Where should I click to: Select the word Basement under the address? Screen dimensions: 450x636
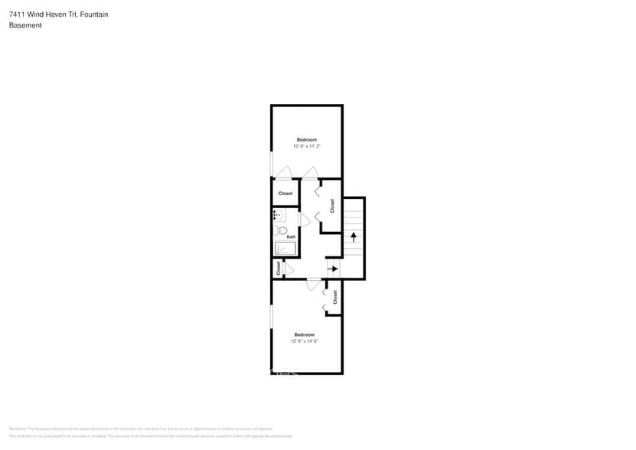pyautogui.click(x=25, y=25)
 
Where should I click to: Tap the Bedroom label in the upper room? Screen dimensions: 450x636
pyautogui.click(x=306, y=139)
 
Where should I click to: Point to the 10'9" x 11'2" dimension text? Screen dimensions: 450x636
pyautogui.click(x=306, y=146)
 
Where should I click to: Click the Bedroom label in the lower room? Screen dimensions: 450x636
pyautogui.click(x=304, y=334)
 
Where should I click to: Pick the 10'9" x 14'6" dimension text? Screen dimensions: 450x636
pyautogui.click(x=304, y=341)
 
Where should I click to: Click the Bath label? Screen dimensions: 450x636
pyautogui.click(x=291, y=236)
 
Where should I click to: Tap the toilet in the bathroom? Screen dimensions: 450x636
pyautogui.click(x=281, y=230)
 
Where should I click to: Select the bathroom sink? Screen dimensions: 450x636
pyautogui.click(x=279, y=215)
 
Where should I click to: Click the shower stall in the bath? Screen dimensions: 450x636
pyautogui.click(x=285, y=248)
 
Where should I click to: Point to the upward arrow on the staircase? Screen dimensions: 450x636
pyautogui.click(x=353, y=237)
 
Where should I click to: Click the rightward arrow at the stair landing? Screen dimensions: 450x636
pyautogui.click(x=333, y=268)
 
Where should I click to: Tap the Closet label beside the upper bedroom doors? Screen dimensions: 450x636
pyautogui.click(x=285, y=194)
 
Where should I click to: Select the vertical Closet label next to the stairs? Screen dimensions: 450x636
pyautogui.click(x=332, y=206)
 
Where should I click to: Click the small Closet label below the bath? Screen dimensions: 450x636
pyautogui.click(x=278, y=268)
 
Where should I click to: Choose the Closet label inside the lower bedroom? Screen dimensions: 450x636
pyautogui.click(x=335, y=297)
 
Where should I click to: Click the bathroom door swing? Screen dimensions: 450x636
pyautogui.click(x=304, y=220)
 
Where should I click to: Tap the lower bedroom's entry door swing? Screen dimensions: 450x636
pyautogui.click(x=313, y=285)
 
